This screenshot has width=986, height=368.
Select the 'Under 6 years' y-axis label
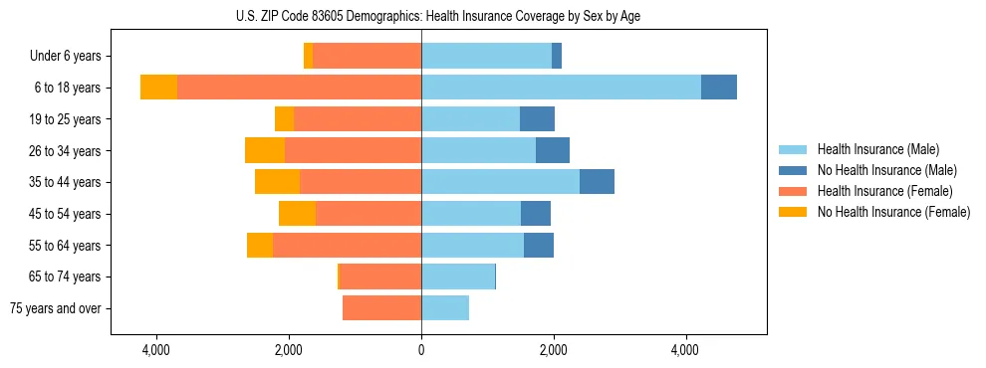(71, 57)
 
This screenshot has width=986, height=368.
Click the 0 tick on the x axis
(421, 350)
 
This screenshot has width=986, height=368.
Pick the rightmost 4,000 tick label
(685, 350)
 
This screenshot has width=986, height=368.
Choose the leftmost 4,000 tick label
(156, 350)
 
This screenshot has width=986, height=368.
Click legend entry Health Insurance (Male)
(876, 149)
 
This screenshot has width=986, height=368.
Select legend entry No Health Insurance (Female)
(893, 212)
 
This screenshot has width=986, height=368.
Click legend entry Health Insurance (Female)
(884, 191)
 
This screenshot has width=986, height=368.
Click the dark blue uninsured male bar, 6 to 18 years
(719, 88)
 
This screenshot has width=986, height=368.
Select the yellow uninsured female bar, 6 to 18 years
(158, 88)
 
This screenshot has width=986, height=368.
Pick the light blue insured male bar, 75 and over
(445, 308)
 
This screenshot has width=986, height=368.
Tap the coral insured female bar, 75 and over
(382, 308)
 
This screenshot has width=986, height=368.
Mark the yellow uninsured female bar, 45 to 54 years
(297, 214)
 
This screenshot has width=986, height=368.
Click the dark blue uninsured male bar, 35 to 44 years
(597, 182)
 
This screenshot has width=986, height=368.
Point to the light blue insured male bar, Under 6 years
(486, 57)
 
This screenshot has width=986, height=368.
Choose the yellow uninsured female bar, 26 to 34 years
(265, 150)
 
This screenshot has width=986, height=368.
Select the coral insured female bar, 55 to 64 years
(347, 245)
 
